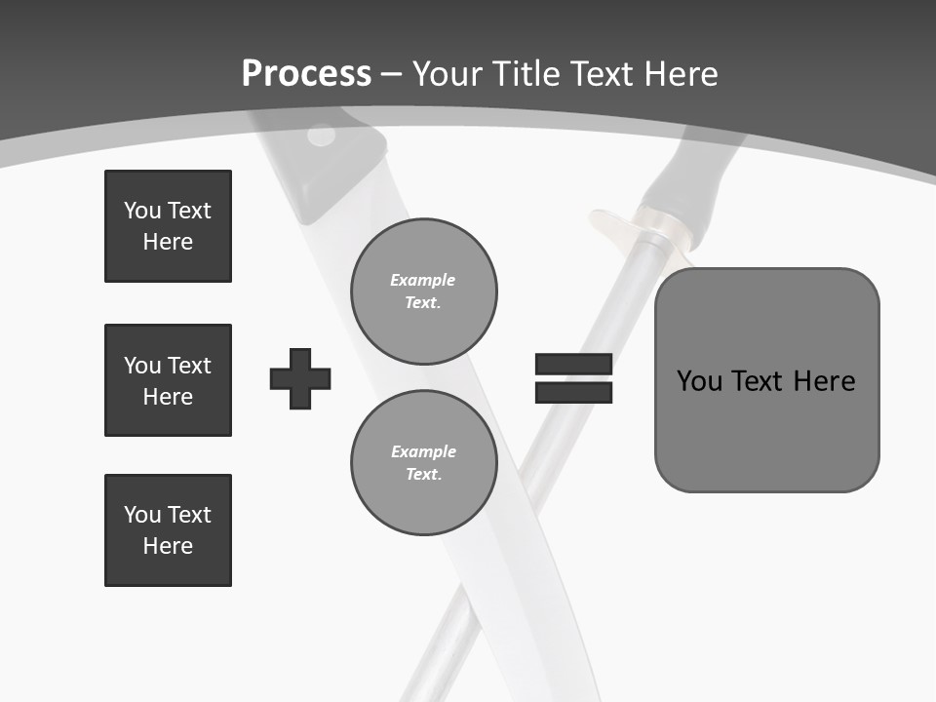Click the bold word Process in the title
306,74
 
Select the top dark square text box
168,226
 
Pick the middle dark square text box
168,380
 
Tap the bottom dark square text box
168,530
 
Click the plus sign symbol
300,378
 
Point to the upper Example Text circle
423,292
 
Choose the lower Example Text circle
423,463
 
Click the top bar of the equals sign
573,365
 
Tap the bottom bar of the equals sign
573,392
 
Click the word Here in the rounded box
825,380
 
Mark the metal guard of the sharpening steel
624,224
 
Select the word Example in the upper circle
423,280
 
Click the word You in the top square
141,211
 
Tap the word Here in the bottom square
168,546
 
